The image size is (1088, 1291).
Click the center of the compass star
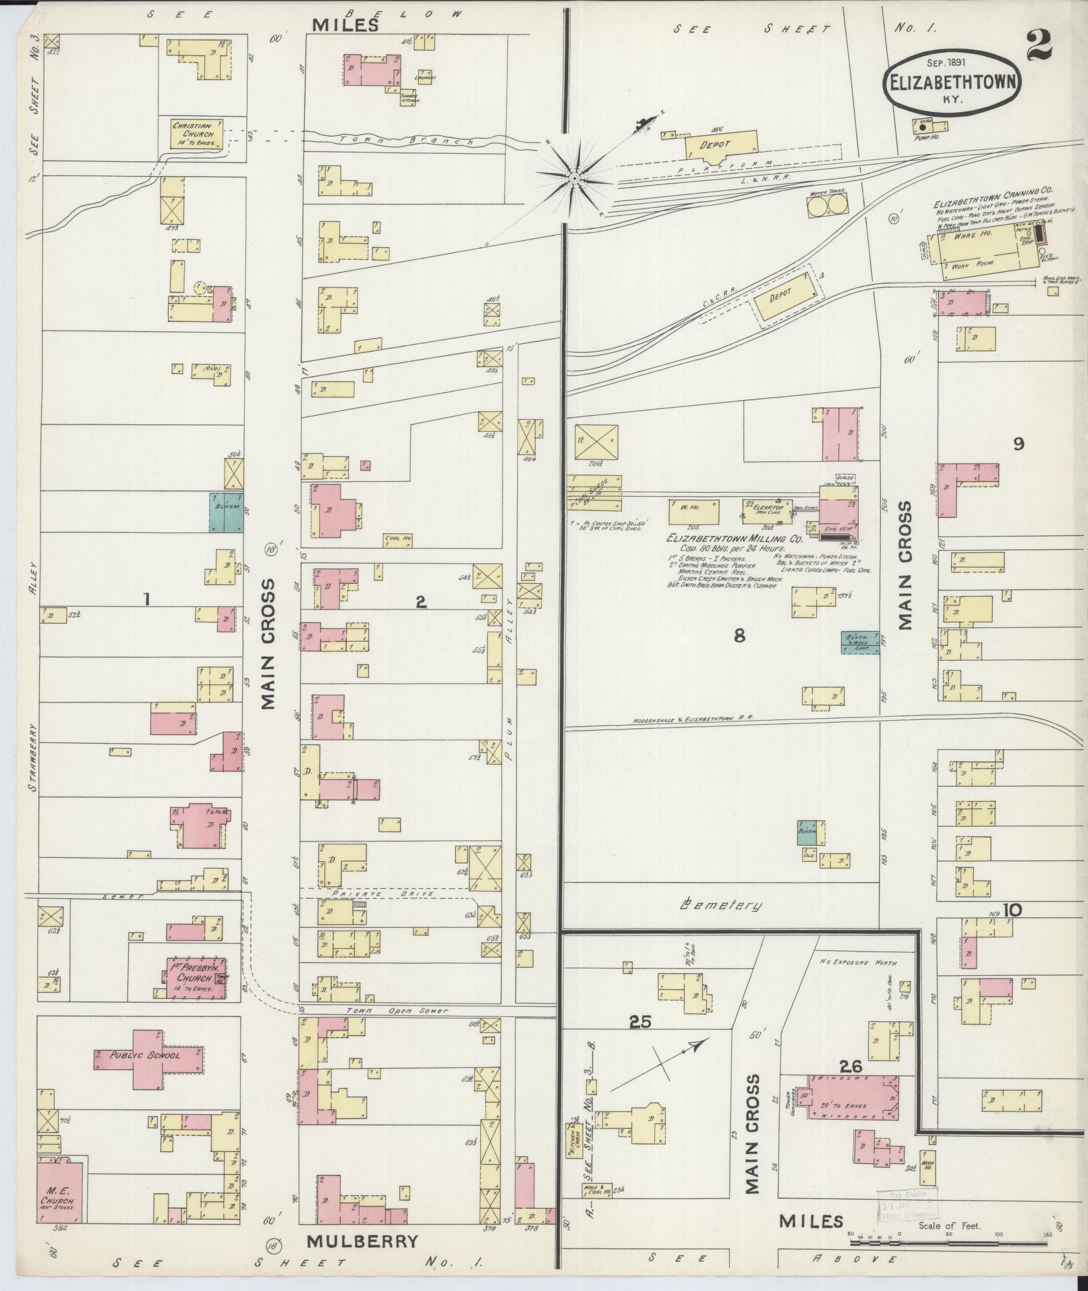point(573,178)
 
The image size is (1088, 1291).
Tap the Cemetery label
point(721,906)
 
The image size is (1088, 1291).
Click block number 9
point(1019,443)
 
